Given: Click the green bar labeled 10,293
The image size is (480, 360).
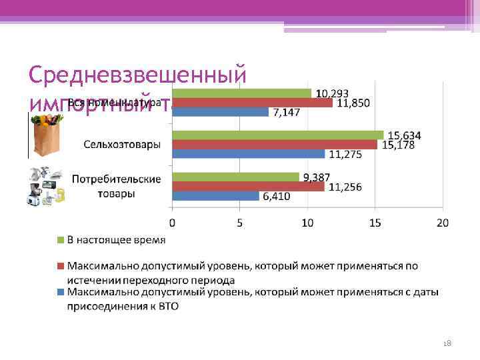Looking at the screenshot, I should tap(241, 93).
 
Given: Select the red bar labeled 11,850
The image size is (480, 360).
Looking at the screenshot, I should tap(252, 103).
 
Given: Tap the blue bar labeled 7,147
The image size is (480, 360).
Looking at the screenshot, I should tap(220, 112).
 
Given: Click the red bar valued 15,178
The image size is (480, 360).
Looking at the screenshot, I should tap(275, 145).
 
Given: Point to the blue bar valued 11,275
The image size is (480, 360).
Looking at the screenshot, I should tap(248, 154).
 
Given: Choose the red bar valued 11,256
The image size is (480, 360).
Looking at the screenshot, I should tap(248, 187).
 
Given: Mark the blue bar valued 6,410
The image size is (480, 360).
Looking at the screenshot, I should tap(215, 196).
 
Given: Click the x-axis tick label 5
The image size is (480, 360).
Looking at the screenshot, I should tap(239, 222).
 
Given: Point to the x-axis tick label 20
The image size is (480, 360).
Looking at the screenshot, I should tap(442, 222).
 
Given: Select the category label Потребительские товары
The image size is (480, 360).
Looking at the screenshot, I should tap(116, 187).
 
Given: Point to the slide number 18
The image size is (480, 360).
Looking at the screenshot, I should tap(447, 342).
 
